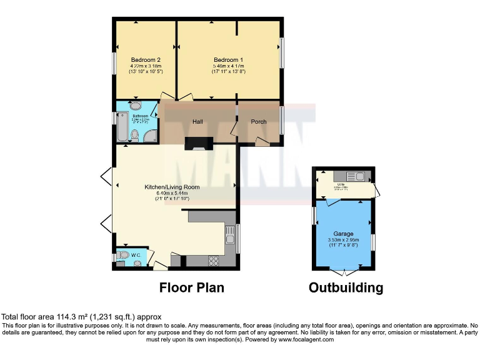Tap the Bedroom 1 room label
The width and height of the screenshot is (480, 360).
tap(227, 59)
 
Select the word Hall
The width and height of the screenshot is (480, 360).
tap(197, 121)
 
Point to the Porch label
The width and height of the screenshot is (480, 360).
tap(258, 121)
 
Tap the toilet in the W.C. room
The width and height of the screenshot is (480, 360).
tap(123, 255)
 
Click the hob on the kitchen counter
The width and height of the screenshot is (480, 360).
tap(212, 261)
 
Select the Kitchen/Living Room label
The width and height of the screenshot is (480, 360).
tap(172, 187)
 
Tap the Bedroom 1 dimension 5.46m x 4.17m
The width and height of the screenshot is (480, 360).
tap(227, 66)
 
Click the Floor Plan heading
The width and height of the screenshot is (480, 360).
tap(191, 287)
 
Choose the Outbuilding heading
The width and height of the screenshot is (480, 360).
tap(346, 287)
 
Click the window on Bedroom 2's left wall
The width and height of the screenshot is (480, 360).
tap(114, 62)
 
